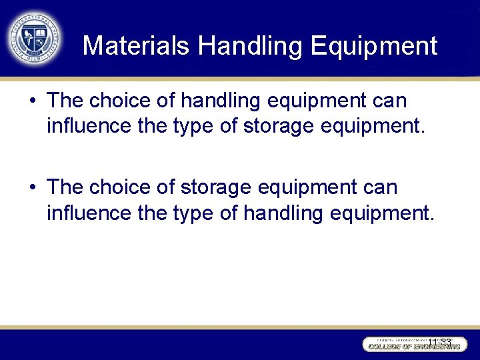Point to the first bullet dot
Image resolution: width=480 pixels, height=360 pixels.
tap(33, 101)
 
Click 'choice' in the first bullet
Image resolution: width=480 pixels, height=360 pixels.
tap(126, 101)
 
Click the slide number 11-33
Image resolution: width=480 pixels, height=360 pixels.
tap(439, 342)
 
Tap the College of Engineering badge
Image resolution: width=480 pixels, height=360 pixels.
tap(413, 344)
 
